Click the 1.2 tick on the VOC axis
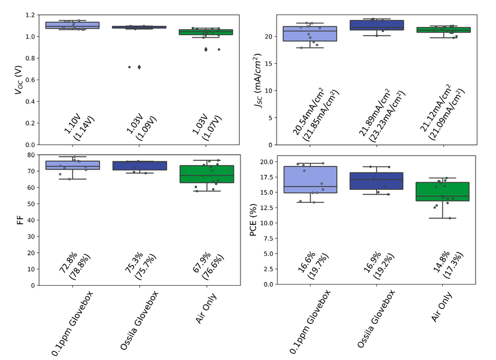click(30, 15)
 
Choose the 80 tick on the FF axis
click(30, 155)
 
